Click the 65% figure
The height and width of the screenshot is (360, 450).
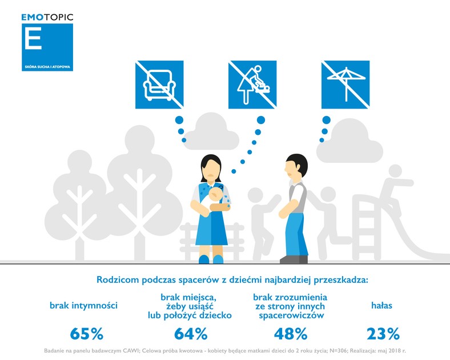tap(86, 334)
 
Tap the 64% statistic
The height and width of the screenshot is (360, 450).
tap(191, 334)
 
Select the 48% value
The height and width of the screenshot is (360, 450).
tap(291, 334)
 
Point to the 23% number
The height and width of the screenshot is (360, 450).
tap(383, 334)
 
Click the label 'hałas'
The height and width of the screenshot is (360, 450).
tap(381, 306)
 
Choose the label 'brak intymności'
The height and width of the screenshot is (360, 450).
tap(83, 306)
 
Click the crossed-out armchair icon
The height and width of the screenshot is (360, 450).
tap(159, 85)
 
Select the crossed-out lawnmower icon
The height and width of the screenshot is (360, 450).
tap(252, 85)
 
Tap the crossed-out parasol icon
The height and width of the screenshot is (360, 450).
tap(345, 85)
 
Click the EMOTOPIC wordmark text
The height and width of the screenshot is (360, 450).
tap(47, 17)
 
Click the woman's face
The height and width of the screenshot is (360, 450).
tap(211, 171)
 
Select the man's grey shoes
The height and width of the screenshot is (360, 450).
tap(294, 259)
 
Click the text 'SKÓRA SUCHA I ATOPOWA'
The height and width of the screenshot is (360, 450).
tap(47, 67)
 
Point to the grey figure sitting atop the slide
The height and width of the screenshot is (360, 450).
tap(395, 187)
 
